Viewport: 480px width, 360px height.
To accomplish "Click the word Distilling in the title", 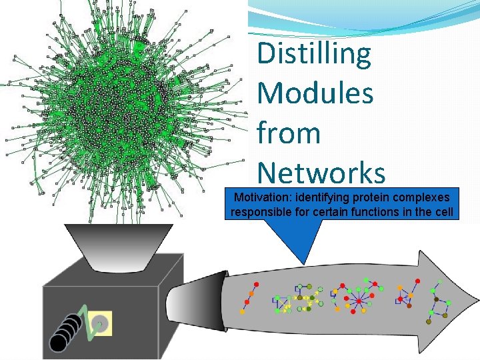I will click(314, 54).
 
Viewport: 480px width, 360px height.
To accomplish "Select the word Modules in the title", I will click(315, 93).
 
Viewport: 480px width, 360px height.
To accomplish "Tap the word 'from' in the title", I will click(289, 133).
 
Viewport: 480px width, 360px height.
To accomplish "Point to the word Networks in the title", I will click(321, 173).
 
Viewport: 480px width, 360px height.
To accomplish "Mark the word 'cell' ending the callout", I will click(443, 213).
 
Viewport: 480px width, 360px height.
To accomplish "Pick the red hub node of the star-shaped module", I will click(359, 302).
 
